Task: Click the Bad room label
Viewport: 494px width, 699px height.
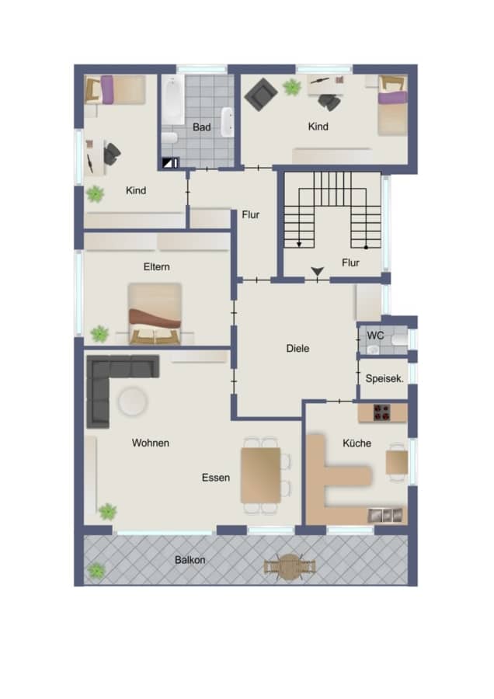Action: click(201, 127)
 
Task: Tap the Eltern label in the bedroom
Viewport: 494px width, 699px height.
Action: click(156, 266)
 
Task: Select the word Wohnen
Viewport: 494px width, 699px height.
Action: click(150, 443)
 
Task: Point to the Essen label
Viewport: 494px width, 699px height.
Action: click(216, 478)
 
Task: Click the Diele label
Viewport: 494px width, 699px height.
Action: click(297, 348)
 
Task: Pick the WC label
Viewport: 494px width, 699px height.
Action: click(375, 335)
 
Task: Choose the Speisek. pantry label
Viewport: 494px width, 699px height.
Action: click(384, 378)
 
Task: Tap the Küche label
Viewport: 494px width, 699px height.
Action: click(357, 443)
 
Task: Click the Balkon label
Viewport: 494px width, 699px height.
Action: click(190, 559)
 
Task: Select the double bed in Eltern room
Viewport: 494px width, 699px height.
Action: click(155, 314)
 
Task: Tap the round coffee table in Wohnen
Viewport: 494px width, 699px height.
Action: click(133, 402)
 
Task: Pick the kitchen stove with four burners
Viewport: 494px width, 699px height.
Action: click(381, 412)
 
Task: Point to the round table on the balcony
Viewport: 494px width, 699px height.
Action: click(290, 567)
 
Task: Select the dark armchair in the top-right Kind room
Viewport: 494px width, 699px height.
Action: click(261, 94)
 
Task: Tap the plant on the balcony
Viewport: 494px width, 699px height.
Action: click(96, 571)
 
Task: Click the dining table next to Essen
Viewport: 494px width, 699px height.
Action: click(260, 475)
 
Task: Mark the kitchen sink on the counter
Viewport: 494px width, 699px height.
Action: click(384, 516)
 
